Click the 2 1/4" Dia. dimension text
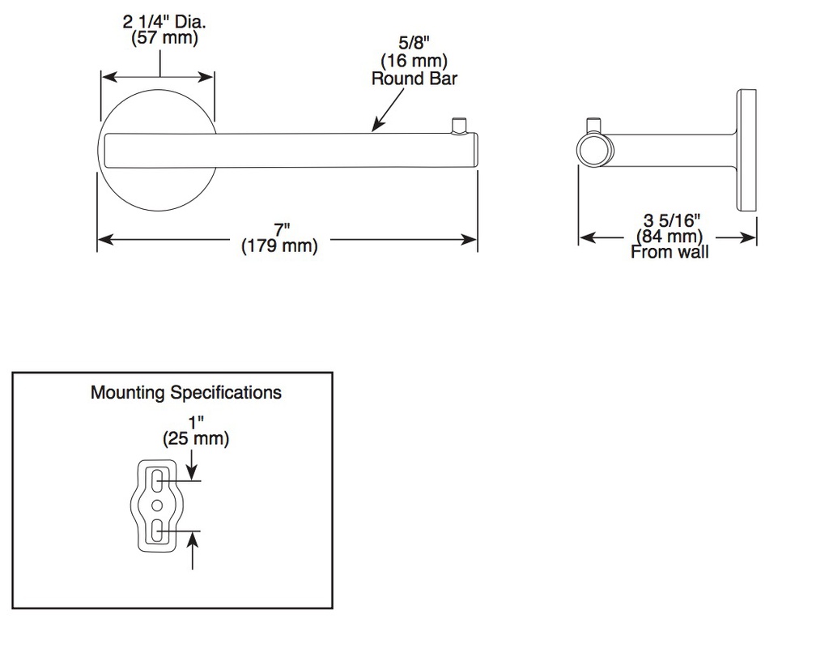(164, 22)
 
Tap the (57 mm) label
(164, 38)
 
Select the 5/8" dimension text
(414, 43)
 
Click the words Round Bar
(414, 79)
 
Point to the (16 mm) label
(414, 61)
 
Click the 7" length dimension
(282, 230)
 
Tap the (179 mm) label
(279, 246)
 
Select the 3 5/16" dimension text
(671, 220)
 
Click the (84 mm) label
(670, 236)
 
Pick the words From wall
(670, 252)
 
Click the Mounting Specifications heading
(186, 392)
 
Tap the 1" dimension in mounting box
(196, 423)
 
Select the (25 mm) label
(196, 438)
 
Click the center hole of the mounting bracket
(157, 506)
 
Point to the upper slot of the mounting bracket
(157, 480)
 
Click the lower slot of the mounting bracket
(157, 531)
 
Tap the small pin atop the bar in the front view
(458, 126)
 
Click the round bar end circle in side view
(593, 150)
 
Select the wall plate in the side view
(746, 150)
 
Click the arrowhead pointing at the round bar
(376, 126)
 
